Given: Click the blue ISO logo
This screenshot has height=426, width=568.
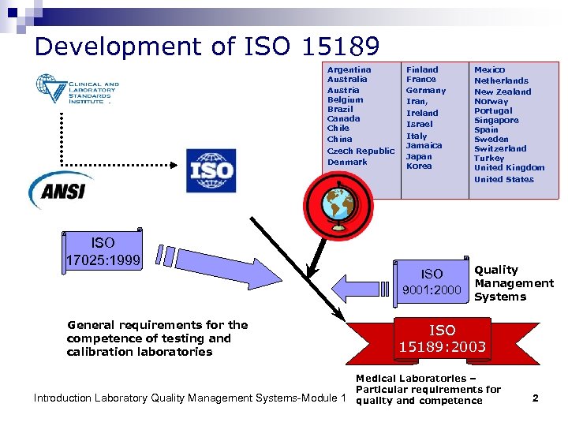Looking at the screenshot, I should tap(211, 170).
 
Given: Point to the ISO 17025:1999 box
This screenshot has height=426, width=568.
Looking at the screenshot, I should tap(103, 250).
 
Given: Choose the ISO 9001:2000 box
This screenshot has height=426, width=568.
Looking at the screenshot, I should tap(432, 282).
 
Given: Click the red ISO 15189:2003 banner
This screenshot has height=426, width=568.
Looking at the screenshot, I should tap(442, 338).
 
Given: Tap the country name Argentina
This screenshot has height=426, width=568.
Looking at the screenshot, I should tap(349, 69).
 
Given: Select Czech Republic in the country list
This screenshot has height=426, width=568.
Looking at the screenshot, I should tap(361, 151).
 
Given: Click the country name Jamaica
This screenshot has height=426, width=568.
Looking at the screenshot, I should tap(424, 145).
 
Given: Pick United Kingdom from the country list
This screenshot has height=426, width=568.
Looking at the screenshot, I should tap(509, 167).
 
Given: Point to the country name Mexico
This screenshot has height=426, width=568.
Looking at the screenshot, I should tap(489, 69).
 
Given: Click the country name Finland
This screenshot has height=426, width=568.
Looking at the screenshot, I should tap(422, 69).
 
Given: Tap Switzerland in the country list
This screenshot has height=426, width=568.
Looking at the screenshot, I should tap(500, 148).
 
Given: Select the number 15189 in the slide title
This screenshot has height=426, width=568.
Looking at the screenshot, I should tap(340, 47).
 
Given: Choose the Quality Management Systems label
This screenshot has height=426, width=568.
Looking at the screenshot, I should tap(514, 283).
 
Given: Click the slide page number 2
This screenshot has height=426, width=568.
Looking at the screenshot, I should tap(535, 398).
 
